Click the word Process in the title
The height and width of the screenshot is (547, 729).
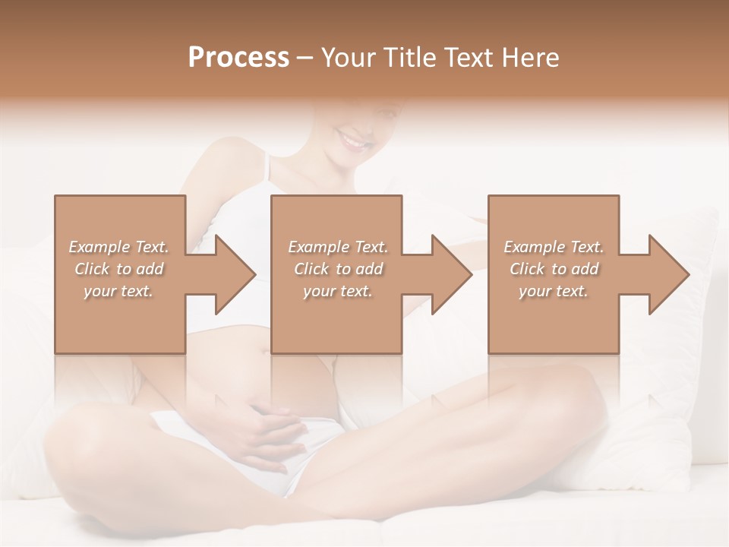click(x=238, y=58)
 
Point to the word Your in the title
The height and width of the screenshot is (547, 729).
click(x=350, y=58)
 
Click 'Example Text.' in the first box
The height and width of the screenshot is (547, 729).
click(x=118, y=247)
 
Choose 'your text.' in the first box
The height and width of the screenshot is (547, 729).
click(x=118, y=291)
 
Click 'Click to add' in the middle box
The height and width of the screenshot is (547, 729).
click(x=337, y=269)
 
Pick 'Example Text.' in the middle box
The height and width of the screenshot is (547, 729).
click(x=337, y=247)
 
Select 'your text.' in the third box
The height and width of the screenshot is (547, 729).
click(x=554, y=291)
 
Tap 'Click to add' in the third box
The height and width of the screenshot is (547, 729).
click(x=554, y=269)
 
